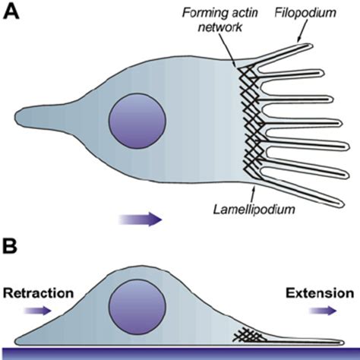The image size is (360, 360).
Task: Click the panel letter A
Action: pyautogui.click(x=12, y=13)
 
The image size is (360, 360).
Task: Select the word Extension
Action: pyautogui.click(x=319, y=292)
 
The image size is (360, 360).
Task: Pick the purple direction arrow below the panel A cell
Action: pyautogui.click(x=141, y=219)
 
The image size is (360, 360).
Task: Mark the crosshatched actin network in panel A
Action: pyautogui.click(x=251, y=122)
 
